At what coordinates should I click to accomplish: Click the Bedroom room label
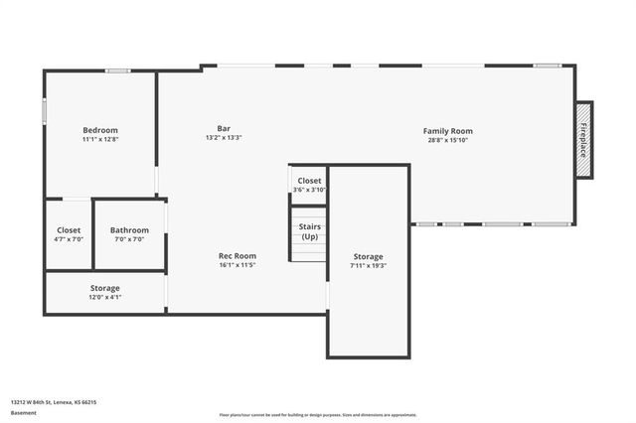click(100, 130)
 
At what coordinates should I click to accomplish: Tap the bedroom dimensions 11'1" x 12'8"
click(100, 139)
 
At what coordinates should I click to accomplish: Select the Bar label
click(224, 128)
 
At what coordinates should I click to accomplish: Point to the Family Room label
click(448, 131)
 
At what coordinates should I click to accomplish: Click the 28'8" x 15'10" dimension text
click(448, 140)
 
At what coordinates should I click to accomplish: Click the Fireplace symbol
click(583, 140)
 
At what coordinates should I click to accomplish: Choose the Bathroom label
click(129, 230)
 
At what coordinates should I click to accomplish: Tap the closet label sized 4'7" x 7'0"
click(69, 230)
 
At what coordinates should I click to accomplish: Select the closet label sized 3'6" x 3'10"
click(309, 181)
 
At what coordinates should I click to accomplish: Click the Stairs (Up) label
click(309, 231)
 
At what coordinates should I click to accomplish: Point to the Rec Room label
click(238, 256)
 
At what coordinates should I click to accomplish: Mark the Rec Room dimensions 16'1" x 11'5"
click(238, 265)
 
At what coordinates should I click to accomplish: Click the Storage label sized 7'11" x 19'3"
click(368, 256)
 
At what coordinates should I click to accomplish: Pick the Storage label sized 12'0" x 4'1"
click(105, 288)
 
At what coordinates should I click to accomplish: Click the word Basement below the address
click(23, 413)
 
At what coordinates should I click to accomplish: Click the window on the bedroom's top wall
click(119, 70)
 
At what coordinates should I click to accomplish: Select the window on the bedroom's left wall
click(44, 109)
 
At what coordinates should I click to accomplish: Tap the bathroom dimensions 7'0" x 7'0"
click(129, 239)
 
